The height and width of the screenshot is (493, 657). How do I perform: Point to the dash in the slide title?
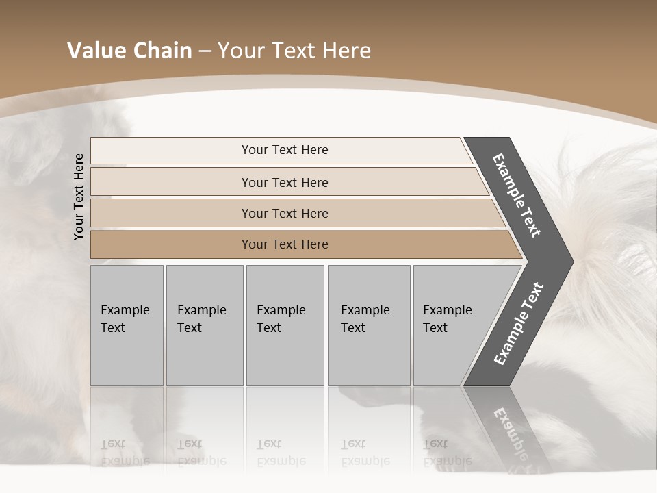click(x=205, y=51)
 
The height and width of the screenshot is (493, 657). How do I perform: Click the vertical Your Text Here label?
click(x=79, y=197)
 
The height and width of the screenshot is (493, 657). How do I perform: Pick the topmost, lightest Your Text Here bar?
click(x=285, y=150)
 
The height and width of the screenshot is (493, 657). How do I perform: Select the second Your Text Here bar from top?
click(x=285, y=182)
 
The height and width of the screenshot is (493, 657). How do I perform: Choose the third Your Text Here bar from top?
click(x=285, y=213)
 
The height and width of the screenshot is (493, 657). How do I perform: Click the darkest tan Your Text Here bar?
click(x=285, y=244)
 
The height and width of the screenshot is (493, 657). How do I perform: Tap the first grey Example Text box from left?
click(x=127, y=325)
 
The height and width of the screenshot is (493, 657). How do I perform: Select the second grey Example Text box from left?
click(x=204, y=325)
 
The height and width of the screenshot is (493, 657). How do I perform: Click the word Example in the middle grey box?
click(x=281, y=310)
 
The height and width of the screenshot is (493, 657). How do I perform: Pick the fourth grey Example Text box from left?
click(x=369, y=325)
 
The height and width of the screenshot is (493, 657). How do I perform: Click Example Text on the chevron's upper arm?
click(x=517, y=195)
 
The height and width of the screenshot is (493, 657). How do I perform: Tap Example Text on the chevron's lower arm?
click(x=518, y=324)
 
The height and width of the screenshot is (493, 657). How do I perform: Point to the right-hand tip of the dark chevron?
click(x=571, y=261)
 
